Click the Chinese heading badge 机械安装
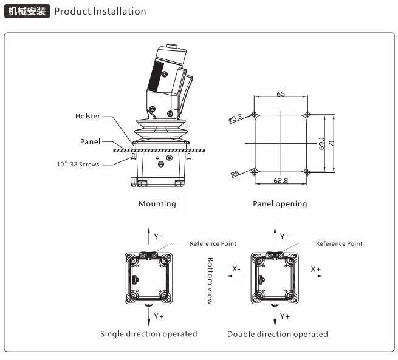tap(26, 11)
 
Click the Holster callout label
tap(87, 116)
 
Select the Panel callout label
tap(90, 141)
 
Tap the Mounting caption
tap(157, 204)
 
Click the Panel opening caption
tap(280, 204)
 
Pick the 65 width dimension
tap(281, 94)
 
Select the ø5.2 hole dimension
tap(236, 117)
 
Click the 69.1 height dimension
tap(323, 143)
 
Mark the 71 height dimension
tap(331, 143)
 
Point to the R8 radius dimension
tap(235, 173)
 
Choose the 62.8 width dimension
tap(281, 180)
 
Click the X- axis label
tap(236, 268)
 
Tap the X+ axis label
tap(316, 268)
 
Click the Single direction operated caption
tap(149, 334)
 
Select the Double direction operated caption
tap(278, 334)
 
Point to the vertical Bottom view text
tap(210, 280)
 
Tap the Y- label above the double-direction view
tap(284, 236)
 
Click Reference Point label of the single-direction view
tap(213, 243)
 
